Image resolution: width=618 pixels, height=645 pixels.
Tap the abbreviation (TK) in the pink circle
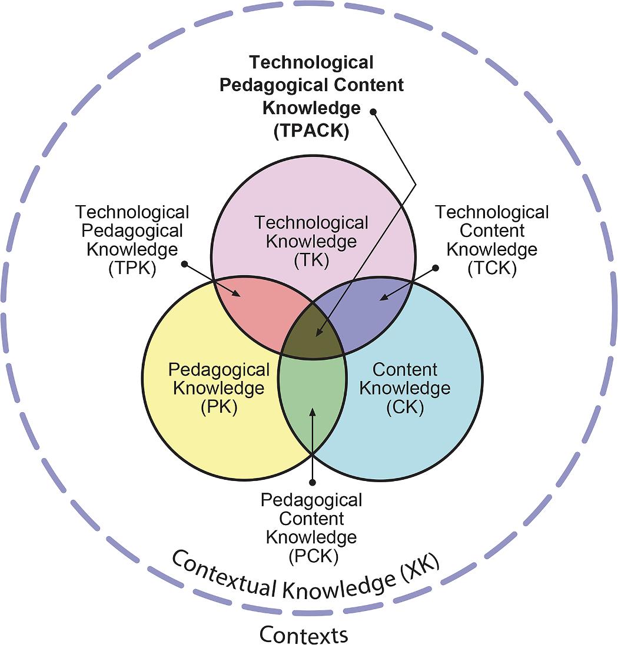tap(311, 260)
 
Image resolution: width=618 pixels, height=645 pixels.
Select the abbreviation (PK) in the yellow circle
tap(219, 407)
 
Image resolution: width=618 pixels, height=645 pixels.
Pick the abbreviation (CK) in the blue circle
tap(405, 407)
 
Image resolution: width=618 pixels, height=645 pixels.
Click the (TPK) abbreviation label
tap(132, 269)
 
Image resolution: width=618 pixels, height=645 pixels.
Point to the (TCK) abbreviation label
tap(491, 269)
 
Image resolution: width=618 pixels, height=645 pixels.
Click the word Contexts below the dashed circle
tap(304, 634)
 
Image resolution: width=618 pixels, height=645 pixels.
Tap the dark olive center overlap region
tap(312, 335)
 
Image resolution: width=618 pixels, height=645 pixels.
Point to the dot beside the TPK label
tap(184, 265)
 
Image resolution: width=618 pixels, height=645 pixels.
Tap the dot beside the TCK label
tap(436, 268)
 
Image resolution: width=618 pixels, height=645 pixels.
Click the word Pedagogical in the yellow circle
tap(219, 370)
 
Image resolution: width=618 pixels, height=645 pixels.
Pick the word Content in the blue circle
tap(405, 370)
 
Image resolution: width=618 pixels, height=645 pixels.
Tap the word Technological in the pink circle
tap(311, 223)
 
